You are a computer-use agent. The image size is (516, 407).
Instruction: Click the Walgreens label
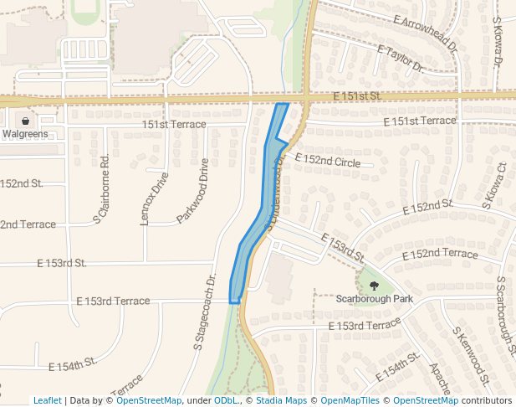26,133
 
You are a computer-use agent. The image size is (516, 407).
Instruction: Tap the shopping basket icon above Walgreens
26,121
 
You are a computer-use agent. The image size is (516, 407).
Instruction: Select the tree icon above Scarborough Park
373,286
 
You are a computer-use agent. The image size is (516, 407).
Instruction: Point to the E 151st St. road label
356,97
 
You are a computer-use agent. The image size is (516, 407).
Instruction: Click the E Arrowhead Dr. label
424,33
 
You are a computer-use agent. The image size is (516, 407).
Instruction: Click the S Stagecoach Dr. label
205,311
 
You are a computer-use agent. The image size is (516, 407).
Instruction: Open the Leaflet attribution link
47,400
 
